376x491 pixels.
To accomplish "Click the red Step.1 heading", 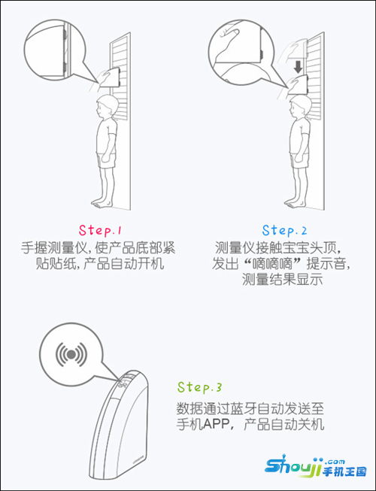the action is (100, 230).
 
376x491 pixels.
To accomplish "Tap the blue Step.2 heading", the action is (284, 230).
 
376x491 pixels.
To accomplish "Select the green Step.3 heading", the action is (199, 387).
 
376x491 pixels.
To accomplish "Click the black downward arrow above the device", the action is (298, 67).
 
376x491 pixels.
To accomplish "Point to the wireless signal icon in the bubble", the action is (71, 354).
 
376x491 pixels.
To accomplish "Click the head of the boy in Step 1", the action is (105, 106).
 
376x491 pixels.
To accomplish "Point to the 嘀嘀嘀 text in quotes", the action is (271, 263).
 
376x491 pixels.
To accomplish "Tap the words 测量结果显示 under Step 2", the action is (282, 279).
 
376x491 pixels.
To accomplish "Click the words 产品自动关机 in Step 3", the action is (284, 425).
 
